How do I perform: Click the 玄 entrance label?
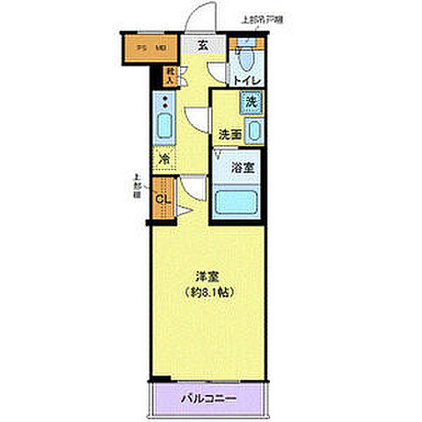click(x=201, y=47)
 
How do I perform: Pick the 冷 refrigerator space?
click(x=164, y=160)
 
